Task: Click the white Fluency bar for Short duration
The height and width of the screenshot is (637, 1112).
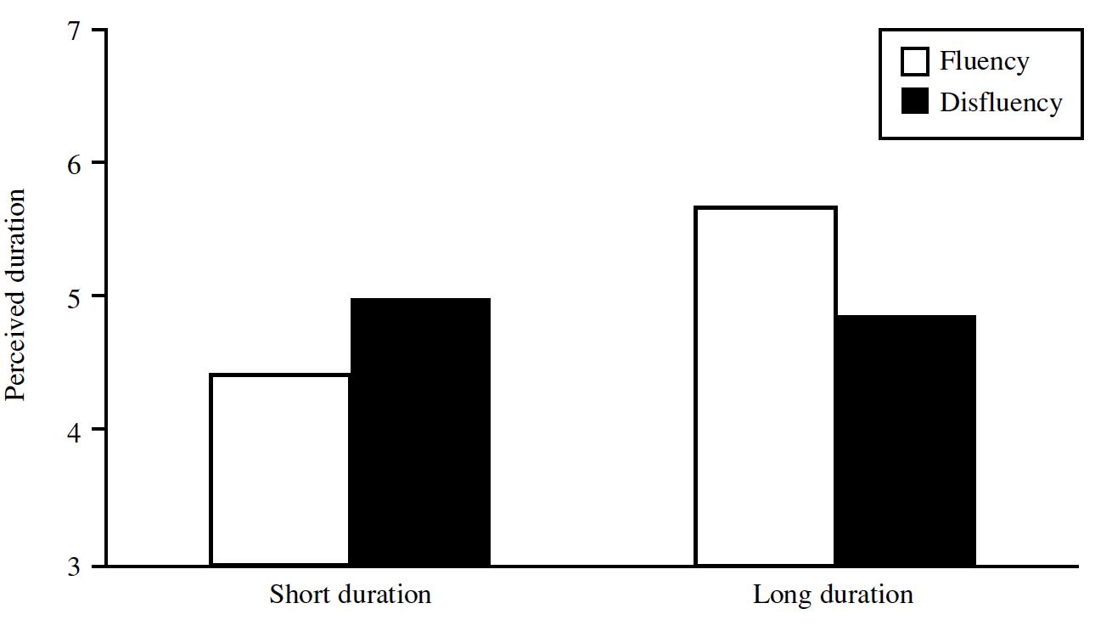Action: pyautogui.click(x=280, y=470)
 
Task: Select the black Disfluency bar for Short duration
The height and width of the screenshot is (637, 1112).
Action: pyautogui.click(x=420, y=431)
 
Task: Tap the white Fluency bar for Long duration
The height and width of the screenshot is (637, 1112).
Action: pyautogui.click(x=766, y=386)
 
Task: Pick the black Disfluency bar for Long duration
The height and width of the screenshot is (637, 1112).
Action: pyautogui.click(x=906, y=440)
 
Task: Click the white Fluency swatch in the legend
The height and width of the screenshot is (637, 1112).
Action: pyautogui.click(x=914, y=62)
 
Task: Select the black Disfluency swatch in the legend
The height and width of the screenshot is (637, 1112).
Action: pyautogui.click(x=914, y=101)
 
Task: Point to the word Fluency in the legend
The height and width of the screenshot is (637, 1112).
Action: pyautogui.click(x=985, y=63)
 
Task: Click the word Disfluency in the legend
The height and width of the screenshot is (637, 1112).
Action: pyautogui.click(x=1001, y=104)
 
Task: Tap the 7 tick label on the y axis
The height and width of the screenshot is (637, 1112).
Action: pyautogui.click(x=74, y=31)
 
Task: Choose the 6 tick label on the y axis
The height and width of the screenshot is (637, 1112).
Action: pyautogui.click(x=74, y=165)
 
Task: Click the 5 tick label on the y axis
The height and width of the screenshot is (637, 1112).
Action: pyautogui.click(x=74, y=299)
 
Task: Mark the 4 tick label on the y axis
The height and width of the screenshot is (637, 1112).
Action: pyautogui.click(x=74, y=433)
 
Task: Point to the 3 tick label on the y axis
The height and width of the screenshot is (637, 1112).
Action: pyautogui.click(x=74, y=567)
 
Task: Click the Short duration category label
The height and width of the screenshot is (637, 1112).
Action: pyautogui.click(x=350, y=595)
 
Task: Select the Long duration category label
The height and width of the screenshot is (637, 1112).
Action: pyautogui.click(x=833, y=595)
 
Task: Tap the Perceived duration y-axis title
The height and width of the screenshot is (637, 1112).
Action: pyautogui.click(x=15, y=295)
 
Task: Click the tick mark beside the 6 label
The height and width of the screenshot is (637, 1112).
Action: pyautogui.click(x=98, y=162)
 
